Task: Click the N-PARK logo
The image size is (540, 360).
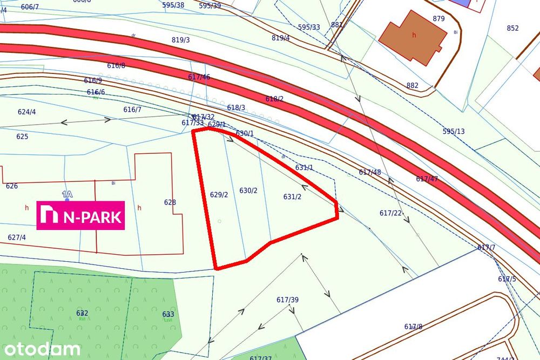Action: pyautogui.click(x=81, y=215)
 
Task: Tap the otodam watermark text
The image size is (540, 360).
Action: pyautogui.click(x=40, y=349)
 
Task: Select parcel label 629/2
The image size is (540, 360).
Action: pyautogui.click(x=219, y=195)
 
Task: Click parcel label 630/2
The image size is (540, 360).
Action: pyautogui.click(x=248, y=191)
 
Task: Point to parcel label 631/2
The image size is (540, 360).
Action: pyautogui.click(x=292, y=197)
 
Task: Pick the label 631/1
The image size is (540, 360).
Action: pyautogui.click(x=304, y=168)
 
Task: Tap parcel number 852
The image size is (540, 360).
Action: pyautogui.click(x=512, y=29)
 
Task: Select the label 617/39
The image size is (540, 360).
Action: pyautogui.click(x=287, y=300)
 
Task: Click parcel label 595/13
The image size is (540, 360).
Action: pyautogui.click(x=454, y=131)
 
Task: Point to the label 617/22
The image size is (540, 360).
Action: pyautogui.click(x=390, y=213)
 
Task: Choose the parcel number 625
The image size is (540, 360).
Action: pyautogui.click(x=22, y=137)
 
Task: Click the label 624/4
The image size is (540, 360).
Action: pyautogui.click(x=27, y=112)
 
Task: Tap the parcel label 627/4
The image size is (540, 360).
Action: pyautogui.click(x=17, y=237)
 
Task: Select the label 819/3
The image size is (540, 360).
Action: pyautogui.click(x=181, y=40)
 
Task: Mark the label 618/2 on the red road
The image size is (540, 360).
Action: pyautogui.click(x=274, y=99)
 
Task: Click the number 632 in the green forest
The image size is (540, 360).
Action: pyautogui.click(x=82, y=313)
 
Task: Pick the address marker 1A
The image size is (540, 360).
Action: pyautogui.click(x=67, y=194)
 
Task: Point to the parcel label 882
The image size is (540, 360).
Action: pyautogui.click(x=413, y=85)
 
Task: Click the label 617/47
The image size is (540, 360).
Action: pyautogui.click(x=427, y=179)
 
